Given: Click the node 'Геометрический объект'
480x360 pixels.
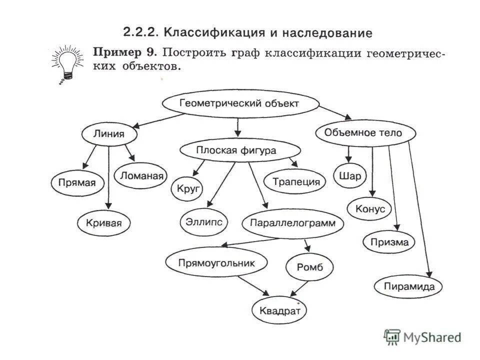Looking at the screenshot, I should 239,104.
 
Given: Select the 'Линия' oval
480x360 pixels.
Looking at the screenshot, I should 109,134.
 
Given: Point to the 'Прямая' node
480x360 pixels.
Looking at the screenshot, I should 77,182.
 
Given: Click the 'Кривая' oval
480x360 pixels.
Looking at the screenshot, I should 104,223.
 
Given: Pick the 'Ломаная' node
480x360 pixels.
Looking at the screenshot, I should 141,176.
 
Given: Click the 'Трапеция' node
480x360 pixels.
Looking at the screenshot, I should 296,181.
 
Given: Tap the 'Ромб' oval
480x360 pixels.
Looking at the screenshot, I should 309,267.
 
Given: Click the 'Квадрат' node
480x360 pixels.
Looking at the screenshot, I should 279,310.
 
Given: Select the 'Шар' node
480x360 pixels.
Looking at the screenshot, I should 349,176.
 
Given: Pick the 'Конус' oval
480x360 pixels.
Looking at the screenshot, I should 370,208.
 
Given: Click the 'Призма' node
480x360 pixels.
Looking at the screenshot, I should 389,243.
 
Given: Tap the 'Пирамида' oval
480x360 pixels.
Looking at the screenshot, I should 408,286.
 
